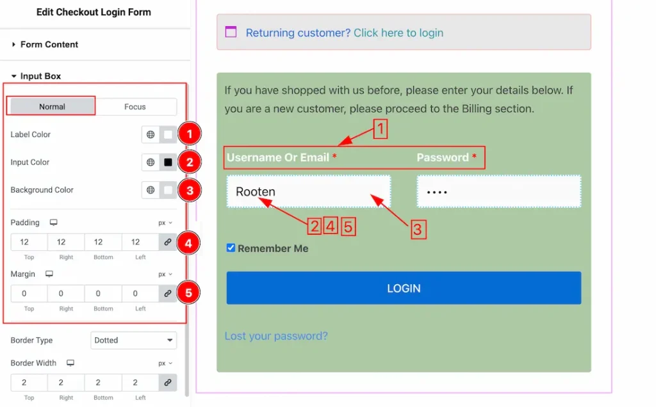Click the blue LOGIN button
coord(404,288)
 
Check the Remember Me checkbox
coord(231,248)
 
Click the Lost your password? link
coord(276,336)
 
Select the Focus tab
coord(135,107)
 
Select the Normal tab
coord(52,107)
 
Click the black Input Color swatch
coord(168,162)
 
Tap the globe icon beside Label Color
coord(151,134)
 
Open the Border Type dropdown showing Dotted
coord(133,340)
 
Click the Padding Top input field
coord(29,242)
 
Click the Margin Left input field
coord(140,293)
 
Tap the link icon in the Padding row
coord(168,242)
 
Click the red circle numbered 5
coord(188,292)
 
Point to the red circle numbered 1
coord(189,134)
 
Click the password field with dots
coord(498,191)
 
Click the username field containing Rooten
coord(309,191)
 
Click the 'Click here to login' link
coord(398,33)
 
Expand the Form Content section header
coord(49,44)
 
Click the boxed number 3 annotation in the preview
coord(418,229)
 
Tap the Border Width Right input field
coord(66,382)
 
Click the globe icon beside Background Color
coord(151,189)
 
